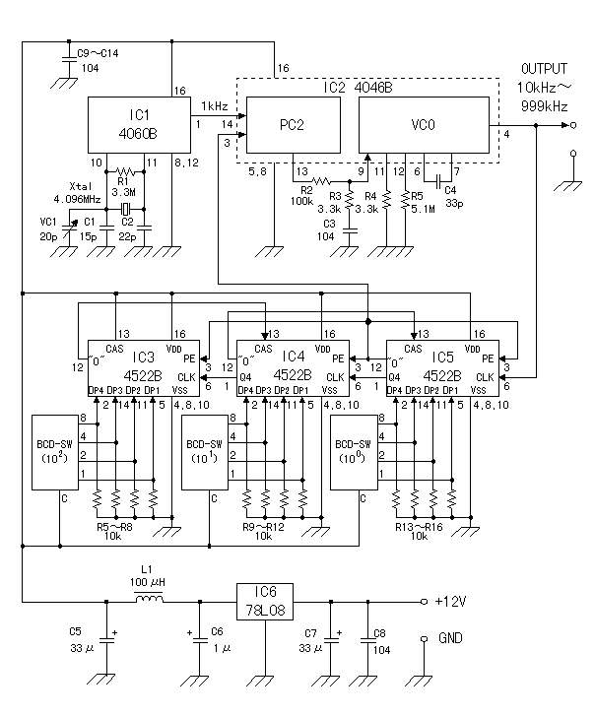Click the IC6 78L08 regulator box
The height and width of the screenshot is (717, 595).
point(268,599)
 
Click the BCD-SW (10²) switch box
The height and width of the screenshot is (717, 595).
point(56,451)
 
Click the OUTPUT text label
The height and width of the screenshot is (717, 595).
point(544,68)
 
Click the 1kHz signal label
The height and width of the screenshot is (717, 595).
point(215,105)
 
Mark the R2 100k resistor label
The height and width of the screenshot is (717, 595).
point(301,194)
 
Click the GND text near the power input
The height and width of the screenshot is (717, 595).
point(450,637)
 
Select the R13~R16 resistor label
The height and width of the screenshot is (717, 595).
point(421,529)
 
